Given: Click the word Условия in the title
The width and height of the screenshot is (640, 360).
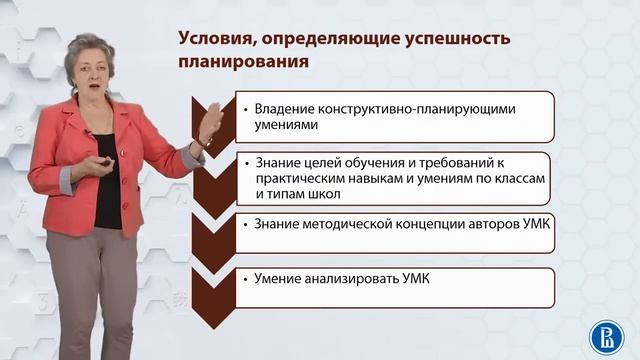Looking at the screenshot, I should coord(217,39).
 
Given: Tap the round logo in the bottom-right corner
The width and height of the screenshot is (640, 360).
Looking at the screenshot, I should coord(602,333).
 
